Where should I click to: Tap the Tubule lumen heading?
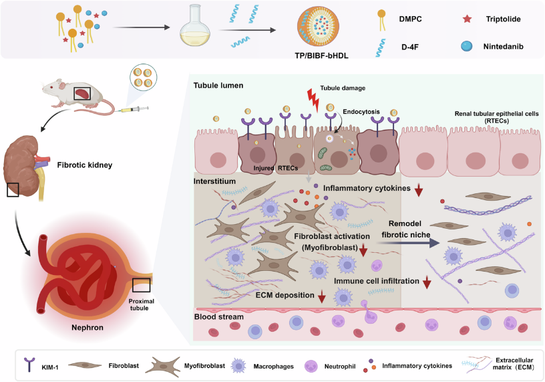218,86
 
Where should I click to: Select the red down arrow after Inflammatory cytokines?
419,192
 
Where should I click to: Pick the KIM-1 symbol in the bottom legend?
28,365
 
